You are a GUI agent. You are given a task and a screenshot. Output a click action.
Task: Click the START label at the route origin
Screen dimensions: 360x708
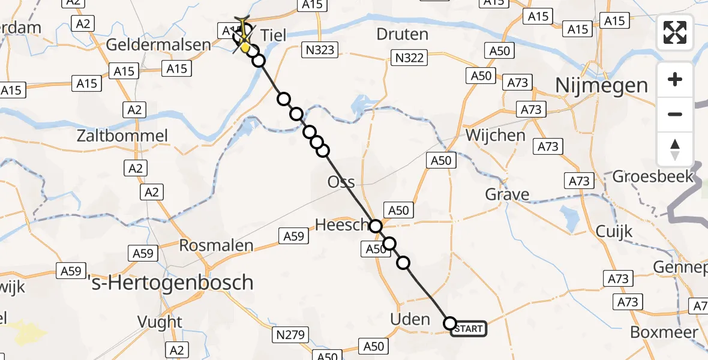tap(469, 329)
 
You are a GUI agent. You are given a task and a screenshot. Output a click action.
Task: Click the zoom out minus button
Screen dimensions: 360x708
tap(675, 114)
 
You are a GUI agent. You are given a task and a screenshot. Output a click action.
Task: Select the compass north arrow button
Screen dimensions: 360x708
tap(675, 149)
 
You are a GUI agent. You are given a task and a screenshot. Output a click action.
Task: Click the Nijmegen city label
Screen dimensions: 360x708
tap(601, 85)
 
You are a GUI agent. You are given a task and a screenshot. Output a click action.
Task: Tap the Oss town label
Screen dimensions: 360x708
tap(341, 182)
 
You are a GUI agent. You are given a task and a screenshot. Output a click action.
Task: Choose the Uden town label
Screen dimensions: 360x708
tap(410, 319)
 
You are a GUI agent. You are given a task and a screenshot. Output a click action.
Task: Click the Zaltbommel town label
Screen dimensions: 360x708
tap(122, 136)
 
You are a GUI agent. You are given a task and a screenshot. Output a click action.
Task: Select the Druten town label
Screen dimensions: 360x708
tap(402, 34)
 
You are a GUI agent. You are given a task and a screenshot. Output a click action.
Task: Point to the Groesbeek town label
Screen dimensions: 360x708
tap(653, 176)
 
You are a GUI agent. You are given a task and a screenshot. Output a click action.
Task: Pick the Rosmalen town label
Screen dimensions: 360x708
tap(217, 245)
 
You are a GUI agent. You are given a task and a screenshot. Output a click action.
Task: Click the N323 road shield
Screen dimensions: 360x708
tap(319, 50)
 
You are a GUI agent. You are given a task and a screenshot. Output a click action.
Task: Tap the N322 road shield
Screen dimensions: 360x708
tap(409, 58)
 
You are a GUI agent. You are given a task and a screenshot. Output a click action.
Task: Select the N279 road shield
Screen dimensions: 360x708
tap(292, 335)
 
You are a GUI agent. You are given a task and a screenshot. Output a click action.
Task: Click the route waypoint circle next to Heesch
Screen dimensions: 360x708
tap(376, 226)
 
